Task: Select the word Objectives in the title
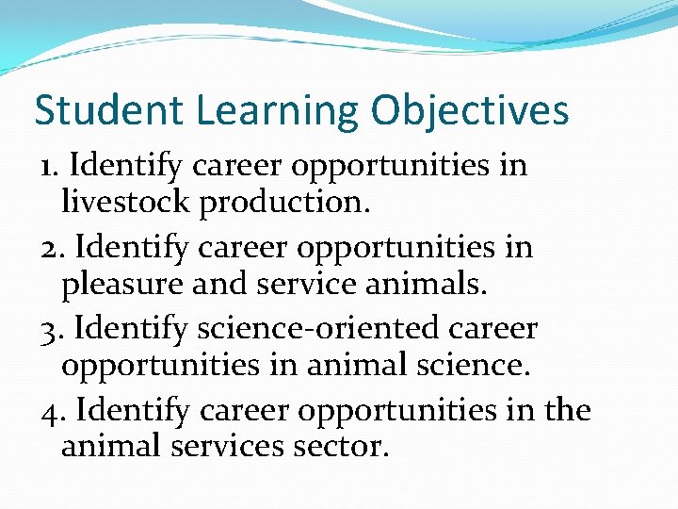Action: pyautogui.click(x=470, y=111)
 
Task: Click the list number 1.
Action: pyautogui.click(x=49, y=167)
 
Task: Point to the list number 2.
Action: pyautogui.click(x=52, y=248)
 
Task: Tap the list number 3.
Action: pyautogui.click(x=52, y=330)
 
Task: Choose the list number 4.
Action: pyautogui.click(x=52, y=411)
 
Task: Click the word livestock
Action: pyautogui.click(x=127, y=201)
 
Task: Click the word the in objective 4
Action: pyautogui.click(x=567, y=411)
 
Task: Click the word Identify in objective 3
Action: pyautogui.click(x=132, y=330)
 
